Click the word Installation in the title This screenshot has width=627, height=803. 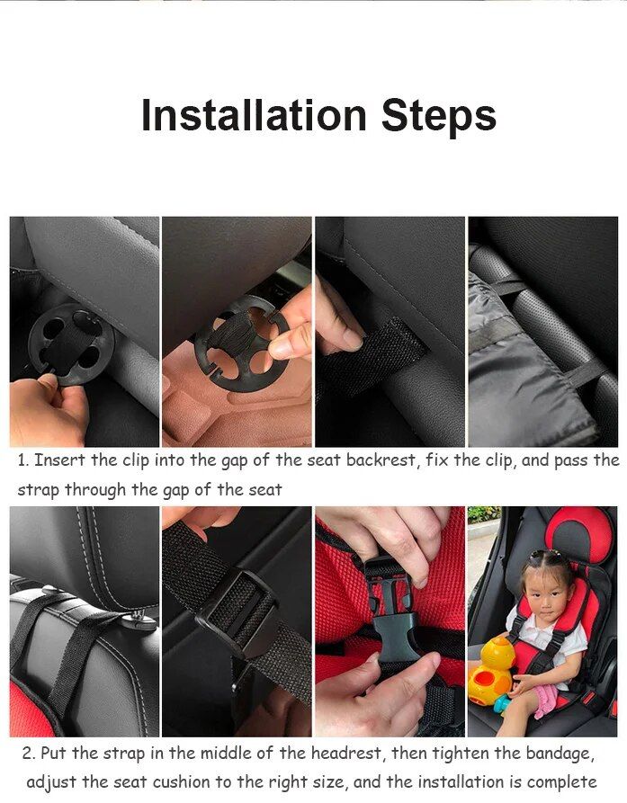click(254, 116)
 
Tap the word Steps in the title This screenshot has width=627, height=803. click(438, 116)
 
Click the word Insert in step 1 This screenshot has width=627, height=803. click(62, 460)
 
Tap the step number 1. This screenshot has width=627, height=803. click(22, 460)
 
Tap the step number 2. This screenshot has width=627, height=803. click(28, 753)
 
